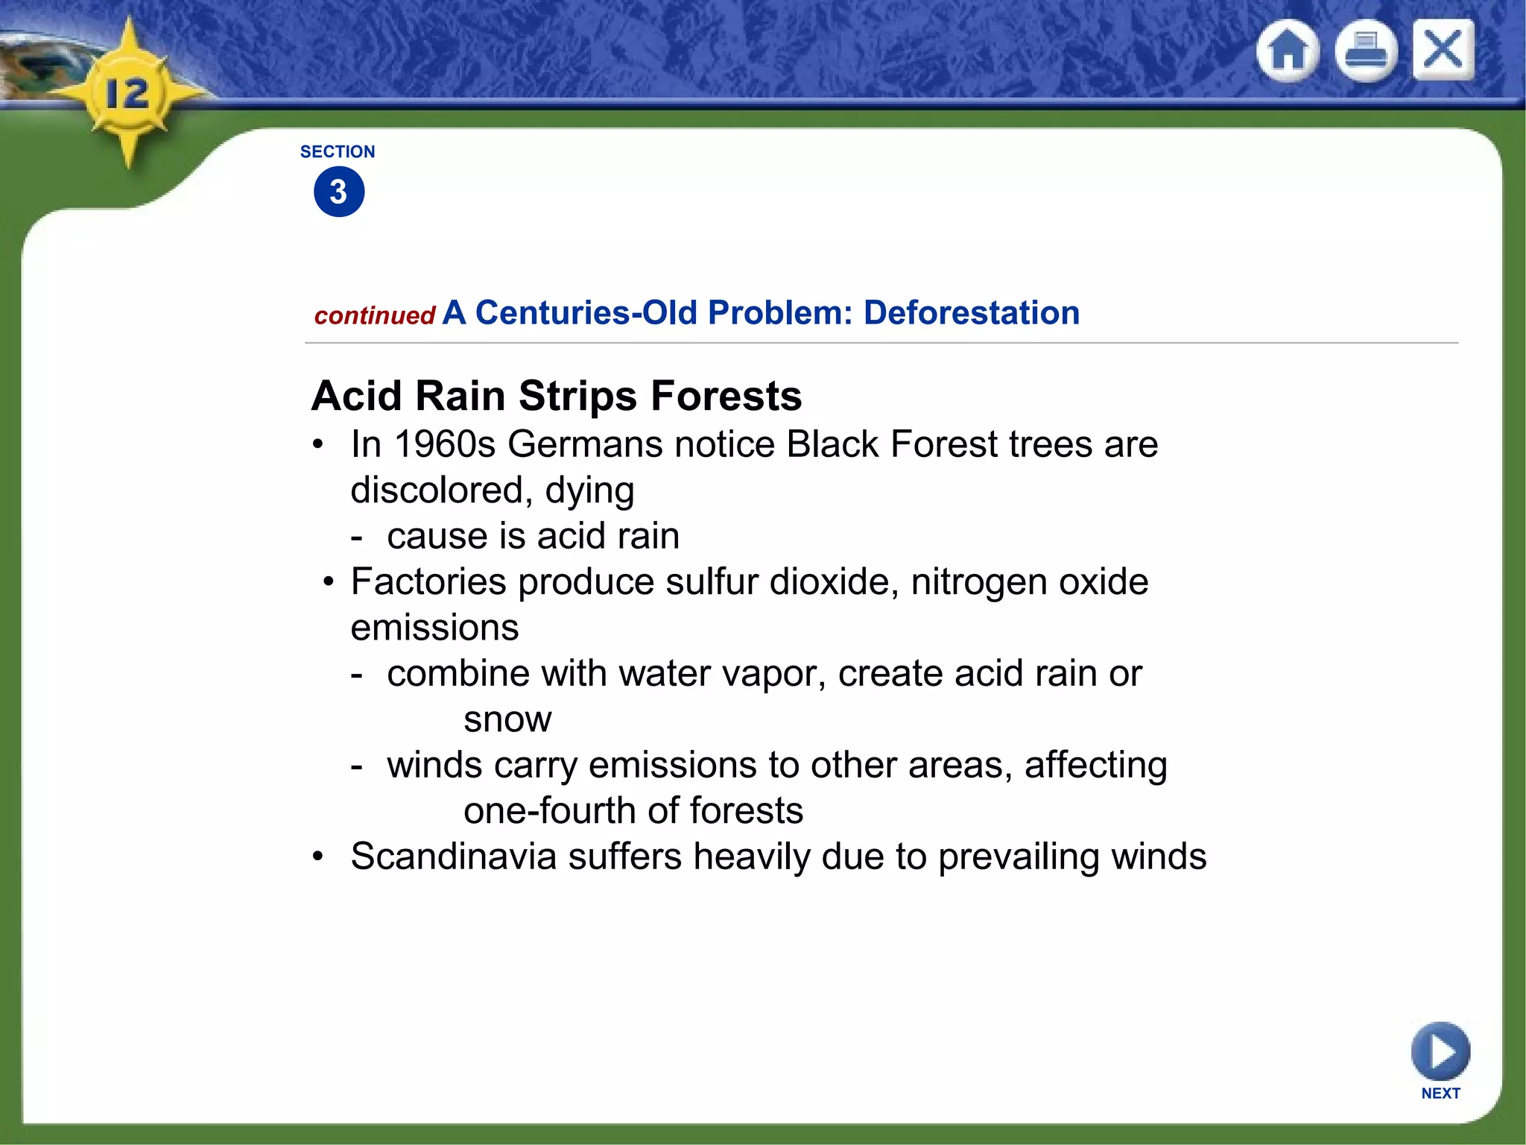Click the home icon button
coord(1287,51)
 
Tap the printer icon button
coord(1365,51)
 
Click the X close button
coord(1443,49)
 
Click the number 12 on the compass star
coord(127,95)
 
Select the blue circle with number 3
coord(339,192)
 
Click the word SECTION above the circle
coord(338,152)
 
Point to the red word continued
coord(375,316)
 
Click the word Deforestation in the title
coord(971,313)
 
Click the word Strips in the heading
coord(577,396)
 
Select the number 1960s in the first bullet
coord(445,445)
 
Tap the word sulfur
coord(712,582)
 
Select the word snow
coord(507,720)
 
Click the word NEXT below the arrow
coord(1440,1094)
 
